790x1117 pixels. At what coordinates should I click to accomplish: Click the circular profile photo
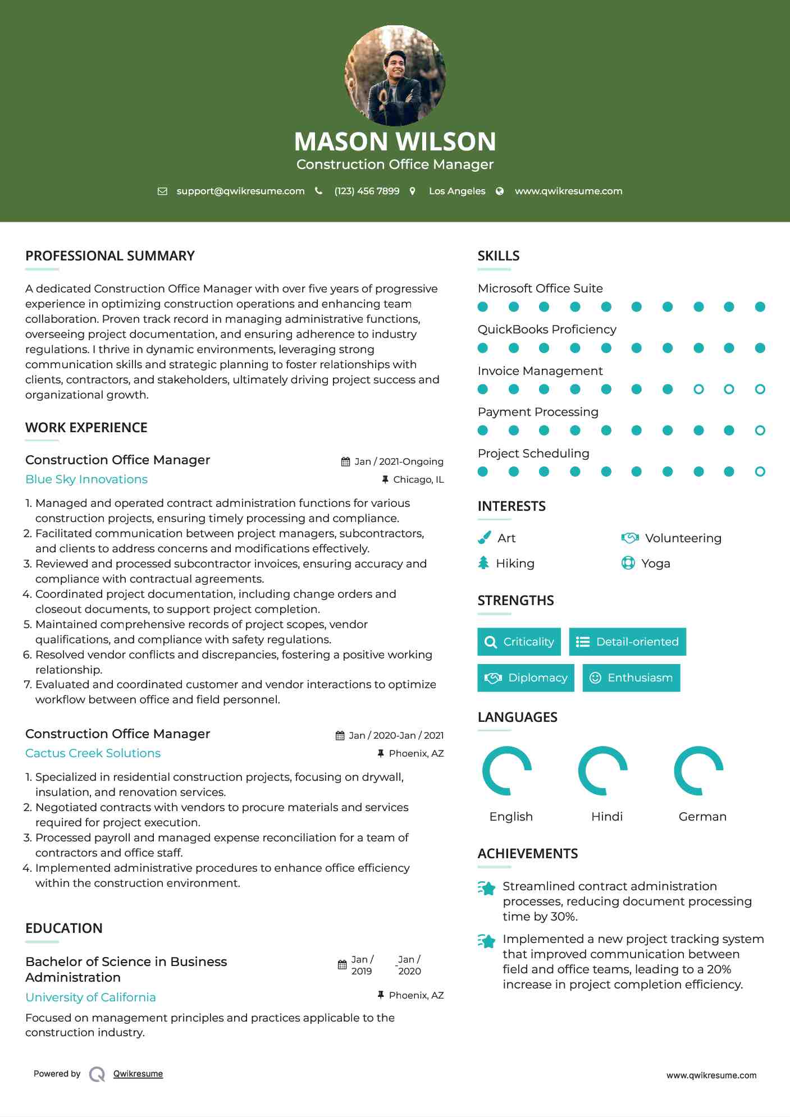[x=395, y=75]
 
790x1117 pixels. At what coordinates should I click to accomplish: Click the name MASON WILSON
[x=395, y=141]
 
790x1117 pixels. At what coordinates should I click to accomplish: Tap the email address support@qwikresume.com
[x=240, y=191]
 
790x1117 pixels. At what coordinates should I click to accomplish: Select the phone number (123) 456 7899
[x=367, y=191]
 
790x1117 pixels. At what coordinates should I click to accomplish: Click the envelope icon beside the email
[x=162, y=191]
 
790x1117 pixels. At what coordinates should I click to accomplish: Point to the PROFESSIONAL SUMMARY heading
[x=110, y=256]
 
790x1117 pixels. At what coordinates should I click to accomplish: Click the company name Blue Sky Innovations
[x=86, y=479]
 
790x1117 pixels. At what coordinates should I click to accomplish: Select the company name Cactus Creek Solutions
[x=93, y=753]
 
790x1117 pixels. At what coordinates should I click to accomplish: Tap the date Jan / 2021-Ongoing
[x=399, y=461]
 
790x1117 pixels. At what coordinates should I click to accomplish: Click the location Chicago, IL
[x=418, y=479]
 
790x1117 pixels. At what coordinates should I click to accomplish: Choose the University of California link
[x=90, y=997]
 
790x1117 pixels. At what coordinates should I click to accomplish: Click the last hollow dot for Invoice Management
[x=760, y=389]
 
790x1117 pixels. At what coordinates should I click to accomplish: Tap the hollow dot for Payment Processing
[x=760, y=431]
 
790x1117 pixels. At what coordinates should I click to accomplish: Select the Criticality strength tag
[x=519, y=642]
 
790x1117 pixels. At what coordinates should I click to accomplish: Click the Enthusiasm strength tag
[x=631, y=677]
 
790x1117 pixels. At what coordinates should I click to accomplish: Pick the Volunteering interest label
[x=683, y=538]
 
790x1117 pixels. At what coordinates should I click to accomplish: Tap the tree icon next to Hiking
[x=483, y=563]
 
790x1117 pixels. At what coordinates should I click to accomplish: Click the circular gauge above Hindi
[x=603, y=771]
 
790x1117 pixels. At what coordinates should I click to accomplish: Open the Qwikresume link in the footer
[x=138, y=1074]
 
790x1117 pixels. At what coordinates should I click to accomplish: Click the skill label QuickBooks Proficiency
[x=547, y=329]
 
